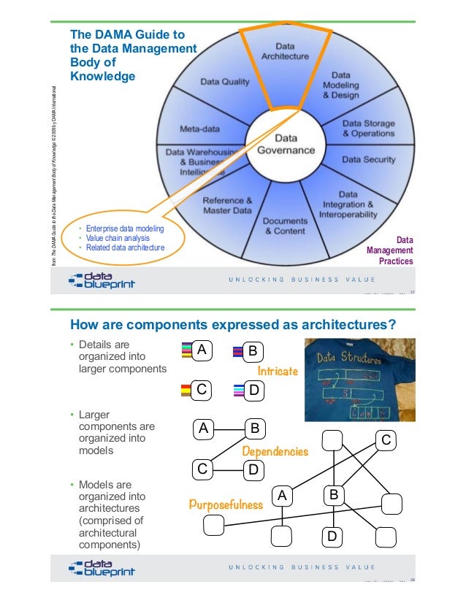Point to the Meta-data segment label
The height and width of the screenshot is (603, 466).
pos(199,129)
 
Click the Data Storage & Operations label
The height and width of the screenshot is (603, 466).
pos(368,128)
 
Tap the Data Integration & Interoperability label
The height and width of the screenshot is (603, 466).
pos(348,205)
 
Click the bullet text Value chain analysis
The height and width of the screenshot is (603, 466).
pos(118,238)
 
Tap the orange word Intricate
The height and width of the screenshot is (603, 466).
pos(278,372)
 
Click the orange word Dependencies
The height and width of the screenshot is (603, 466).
pos(275,452)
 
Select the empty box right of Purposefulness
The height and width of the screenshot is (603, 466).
pos(213,524)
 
